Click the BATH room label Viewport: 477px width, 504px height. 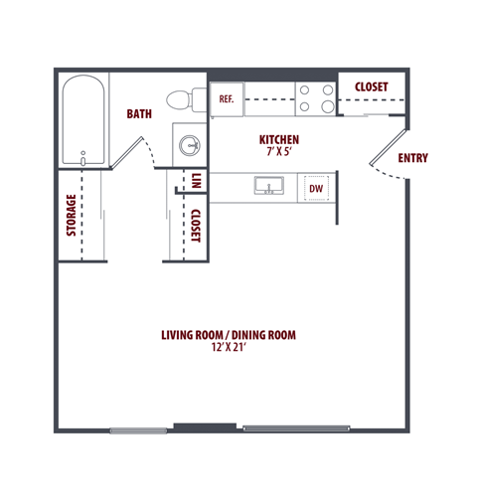[x=139, y=114]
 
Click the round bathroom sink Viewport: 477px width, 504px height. [x=190, y=146]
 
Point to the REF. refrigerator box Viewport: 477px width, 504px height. [x=226, y=99]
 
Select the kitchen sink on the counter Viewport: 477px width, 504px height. [x=267, y=186]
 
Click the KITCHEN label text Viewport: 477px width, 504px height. [x=279, y=140]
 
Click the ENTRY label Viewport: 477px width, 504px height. [x=412, y=158]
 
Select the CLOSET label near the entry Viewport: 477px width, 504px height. [x=371, y=87]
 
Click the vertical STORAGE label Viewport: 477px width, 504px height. [x=72, y=216]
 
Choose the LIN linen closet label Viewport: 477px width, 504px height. [x=197, y=181]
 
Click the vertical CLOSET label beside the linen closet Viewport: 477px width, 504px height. [x=196, y=226]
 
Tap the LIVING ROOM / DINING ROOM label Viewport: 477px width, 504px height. [x=229, y=335]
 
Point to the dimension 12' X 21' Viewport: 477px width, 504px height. [x=229, y=348]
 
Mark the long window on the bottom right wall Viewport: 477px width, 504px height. [x=296, y=429]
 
